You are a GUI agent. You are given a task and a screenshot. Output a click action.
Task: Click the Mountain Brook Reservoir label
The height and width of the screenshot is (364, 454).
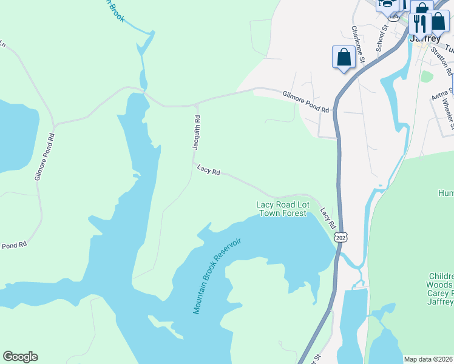pyautogui.click(x=217, y=276)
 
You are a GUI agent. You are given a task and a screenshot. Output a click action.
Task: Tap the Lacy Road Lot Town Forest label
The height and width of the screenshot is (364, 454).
pyautogui.click(x=282, y=209)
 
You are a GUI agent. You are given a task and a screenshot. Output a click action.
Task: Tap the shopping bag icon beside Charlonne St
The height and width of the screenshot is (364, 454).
pyautogui.click(x=344, y=58)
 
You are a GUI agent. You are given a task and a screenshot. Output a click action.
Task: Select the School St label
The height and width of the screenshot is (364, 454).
pyautogui.click(x=381, y=38)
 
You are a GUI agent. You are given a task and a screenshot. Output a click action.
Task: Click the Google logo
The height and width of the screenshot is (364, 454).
pyautogui.click(x=20, y=357)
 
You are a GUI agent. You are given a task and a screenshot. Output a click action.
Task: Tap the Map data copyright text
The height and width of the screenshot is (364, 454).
pyautogui.click(x=429, y=359)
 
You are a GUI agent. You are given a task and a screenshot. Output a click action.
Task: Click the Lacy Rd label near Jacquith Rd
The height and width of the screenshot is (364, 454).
pyautogui.click(x=208, y=170)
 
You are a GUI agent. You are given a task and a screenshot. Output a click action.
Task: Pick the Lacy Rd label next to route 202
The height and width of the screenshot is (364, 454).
pyautogui.click(x=328, y=218)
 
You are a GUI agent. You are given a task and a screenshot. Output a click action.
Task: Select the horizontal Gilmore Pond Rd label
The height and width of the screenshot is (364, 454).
pyautogui.click(x=305, y=101)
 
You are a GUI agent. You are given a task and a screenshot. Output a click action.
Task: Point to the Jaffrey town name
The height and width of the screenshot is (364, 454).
pyautogui.click(x=424, y=38)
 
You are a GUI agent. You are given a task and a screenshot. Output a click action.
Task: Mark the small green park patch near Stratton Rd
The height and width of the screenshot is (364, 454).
pyautogui.click(x=427, y=76)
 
